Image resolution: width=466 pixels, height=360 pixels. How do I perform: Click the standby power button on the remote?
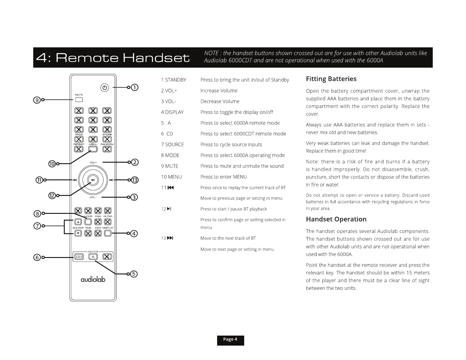click(105, 88)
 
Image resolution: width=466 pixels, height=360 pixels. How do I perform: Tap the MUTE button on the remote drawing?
click(79, 100)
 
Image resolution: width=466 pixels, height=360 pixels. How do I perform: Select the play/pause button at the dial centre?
click(93, 180)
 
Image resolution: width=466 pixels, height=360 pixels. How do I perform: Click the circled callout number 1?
click(134, 87)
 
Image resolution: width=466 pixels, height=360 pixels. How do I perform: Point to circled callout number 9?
click(37, 100)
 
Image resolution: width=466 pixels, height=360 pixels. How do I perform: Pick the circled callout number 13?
click(134, 180)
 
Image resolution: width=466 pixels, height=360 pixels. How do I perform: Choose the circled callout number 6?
click(37, 257)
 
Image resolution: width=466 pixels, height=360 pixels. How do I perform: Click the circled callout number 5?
click(134, 274)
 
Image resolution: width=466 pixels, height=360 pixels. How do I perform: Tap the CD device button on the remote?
click(79, 257)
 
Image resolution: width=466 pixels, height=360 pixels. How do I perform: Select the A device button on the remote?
click(93, 257)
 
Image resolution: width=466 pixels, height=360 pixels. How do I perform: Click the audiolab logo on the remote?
click(93, 279)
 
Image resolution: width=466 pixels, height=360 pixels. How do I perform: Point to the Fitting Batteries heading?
click(331, 79)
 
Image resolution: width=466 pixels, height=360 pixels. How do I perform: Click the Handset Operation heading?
click(336, 219)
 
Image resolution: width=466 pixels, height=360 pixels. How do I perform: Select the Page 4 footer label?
click(230, 340)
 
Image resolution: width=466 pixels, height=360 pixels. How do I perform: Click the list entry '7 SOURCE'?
click(172, 144)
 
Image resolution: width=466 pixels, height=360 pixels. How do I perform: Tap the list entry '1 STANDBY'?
click(174, 80)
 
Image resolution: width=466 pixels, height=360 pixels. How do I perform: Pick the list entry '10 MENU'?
click(172, 177)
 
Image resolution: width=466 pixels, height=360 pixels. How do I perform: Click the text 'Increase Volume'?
click(219, 91)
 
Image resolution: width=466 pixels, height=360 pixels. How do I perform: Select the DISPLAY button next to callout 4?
click(108, 233)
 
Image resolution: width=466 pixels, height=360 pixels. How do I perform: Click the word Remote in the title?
click(87, 58)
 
